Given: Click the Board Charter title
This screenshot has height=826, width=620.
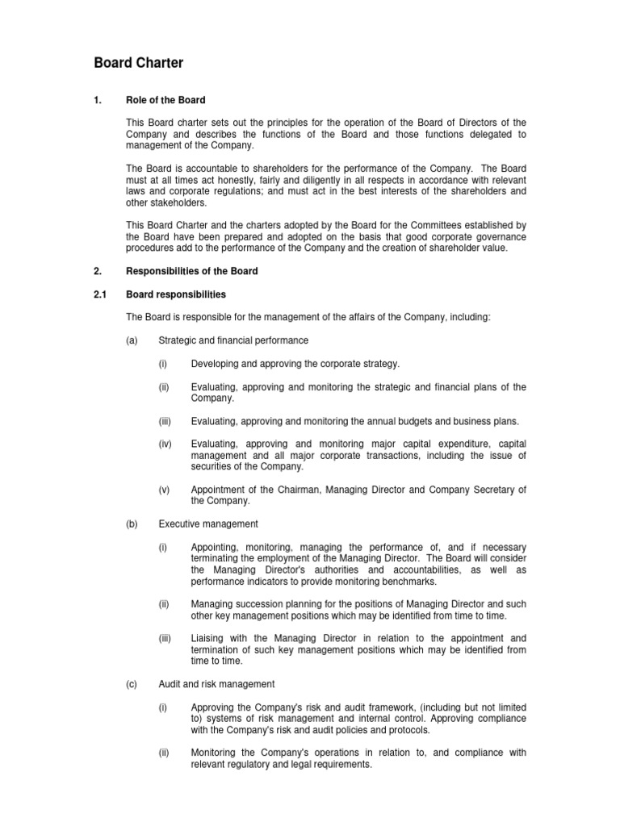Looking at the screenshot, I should [x=139, y=62].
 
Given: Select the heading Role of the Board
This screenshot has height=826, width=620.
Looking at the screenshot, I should [x=165, y=100].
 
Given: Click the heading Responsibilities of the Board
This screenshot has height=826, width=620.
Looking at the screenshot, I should [x=192, y=272].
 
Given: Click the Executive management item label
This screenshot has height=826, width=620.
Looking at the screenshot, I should [x=208, y=524].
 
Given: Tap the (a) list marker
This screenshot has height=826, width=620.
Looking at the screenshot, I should [x=132, y=341].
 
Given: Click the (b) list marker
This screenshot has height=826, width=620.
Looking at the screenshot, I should [x=132, y=524].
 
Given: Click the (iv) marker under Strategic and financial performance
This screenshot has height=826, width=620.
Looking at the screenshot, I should [x=165, y=444].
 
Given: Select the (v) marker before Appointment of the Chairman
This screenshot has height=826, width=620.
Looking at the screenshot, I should [x=165, y=490].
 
